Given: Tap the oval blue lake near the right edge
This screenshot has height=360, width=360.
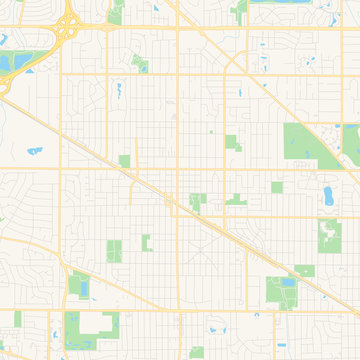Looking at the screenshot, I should coord(329,193).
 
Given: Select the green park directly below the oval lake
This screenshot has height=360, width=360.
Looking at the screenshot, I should coord(328,235).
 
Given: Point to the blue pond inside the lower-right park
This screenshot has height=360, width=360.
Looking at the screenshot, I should coord(288,282).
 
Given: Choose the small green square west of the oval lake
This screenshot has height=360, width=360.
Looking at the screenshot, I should coord(277,187).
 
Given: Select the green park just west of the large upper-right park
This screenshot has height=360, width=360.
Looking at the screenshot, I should coord(232,142).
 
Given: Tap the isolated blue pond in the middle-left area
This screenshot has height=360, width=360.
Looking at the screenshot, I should coord(33,152).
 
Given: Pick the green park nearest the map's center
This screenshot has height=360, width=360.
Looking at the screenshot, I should coord(198,200).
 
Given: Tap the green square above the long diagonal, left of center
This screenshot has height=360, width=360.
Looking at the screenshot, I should coord(125,160).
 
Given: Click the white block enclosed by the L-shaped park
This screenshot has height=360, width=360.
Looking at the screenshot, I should coord(96,323).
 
